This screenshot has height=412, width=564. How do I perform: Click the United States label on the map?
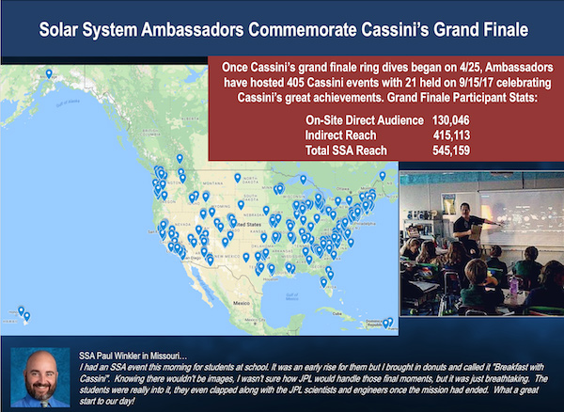point(247,225)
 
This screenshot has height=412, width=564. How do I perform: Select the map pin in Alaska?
point(49,73)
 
